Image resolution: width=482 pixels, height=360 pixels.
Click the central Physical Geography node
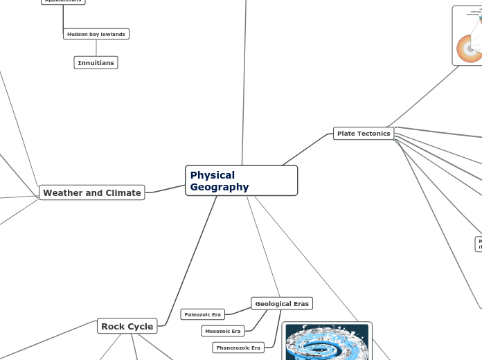241,181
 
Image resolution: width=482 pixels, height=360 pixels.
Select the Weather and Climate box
91,192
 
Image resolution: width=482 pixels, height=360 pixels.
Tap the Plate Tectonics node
364,133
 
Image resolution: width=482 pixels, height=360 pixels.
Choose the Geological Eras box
281,303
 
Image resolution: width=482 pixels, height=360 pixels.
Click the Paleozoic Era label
202,314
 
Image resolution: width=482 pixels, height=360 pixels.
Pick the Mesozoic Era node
223,331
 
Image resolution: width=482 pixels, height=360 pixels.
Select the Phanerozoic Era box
238,348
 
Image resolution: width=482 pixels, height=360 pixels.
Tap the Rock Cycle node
127,326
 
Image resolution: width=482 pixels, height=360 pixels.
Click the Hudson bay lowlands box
96,34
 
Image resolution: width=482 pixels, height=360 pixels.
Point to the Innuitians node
96,63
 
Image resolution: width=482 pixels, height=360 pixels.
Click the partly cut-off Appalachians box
62,1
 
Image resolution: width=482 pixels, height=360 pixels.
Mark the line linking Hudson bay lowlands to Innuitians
96,48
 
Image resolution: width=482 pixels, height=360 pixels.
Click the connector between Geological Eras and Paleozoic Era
238,308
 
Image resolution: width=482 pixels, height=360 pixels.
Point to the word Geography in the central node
220,187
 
